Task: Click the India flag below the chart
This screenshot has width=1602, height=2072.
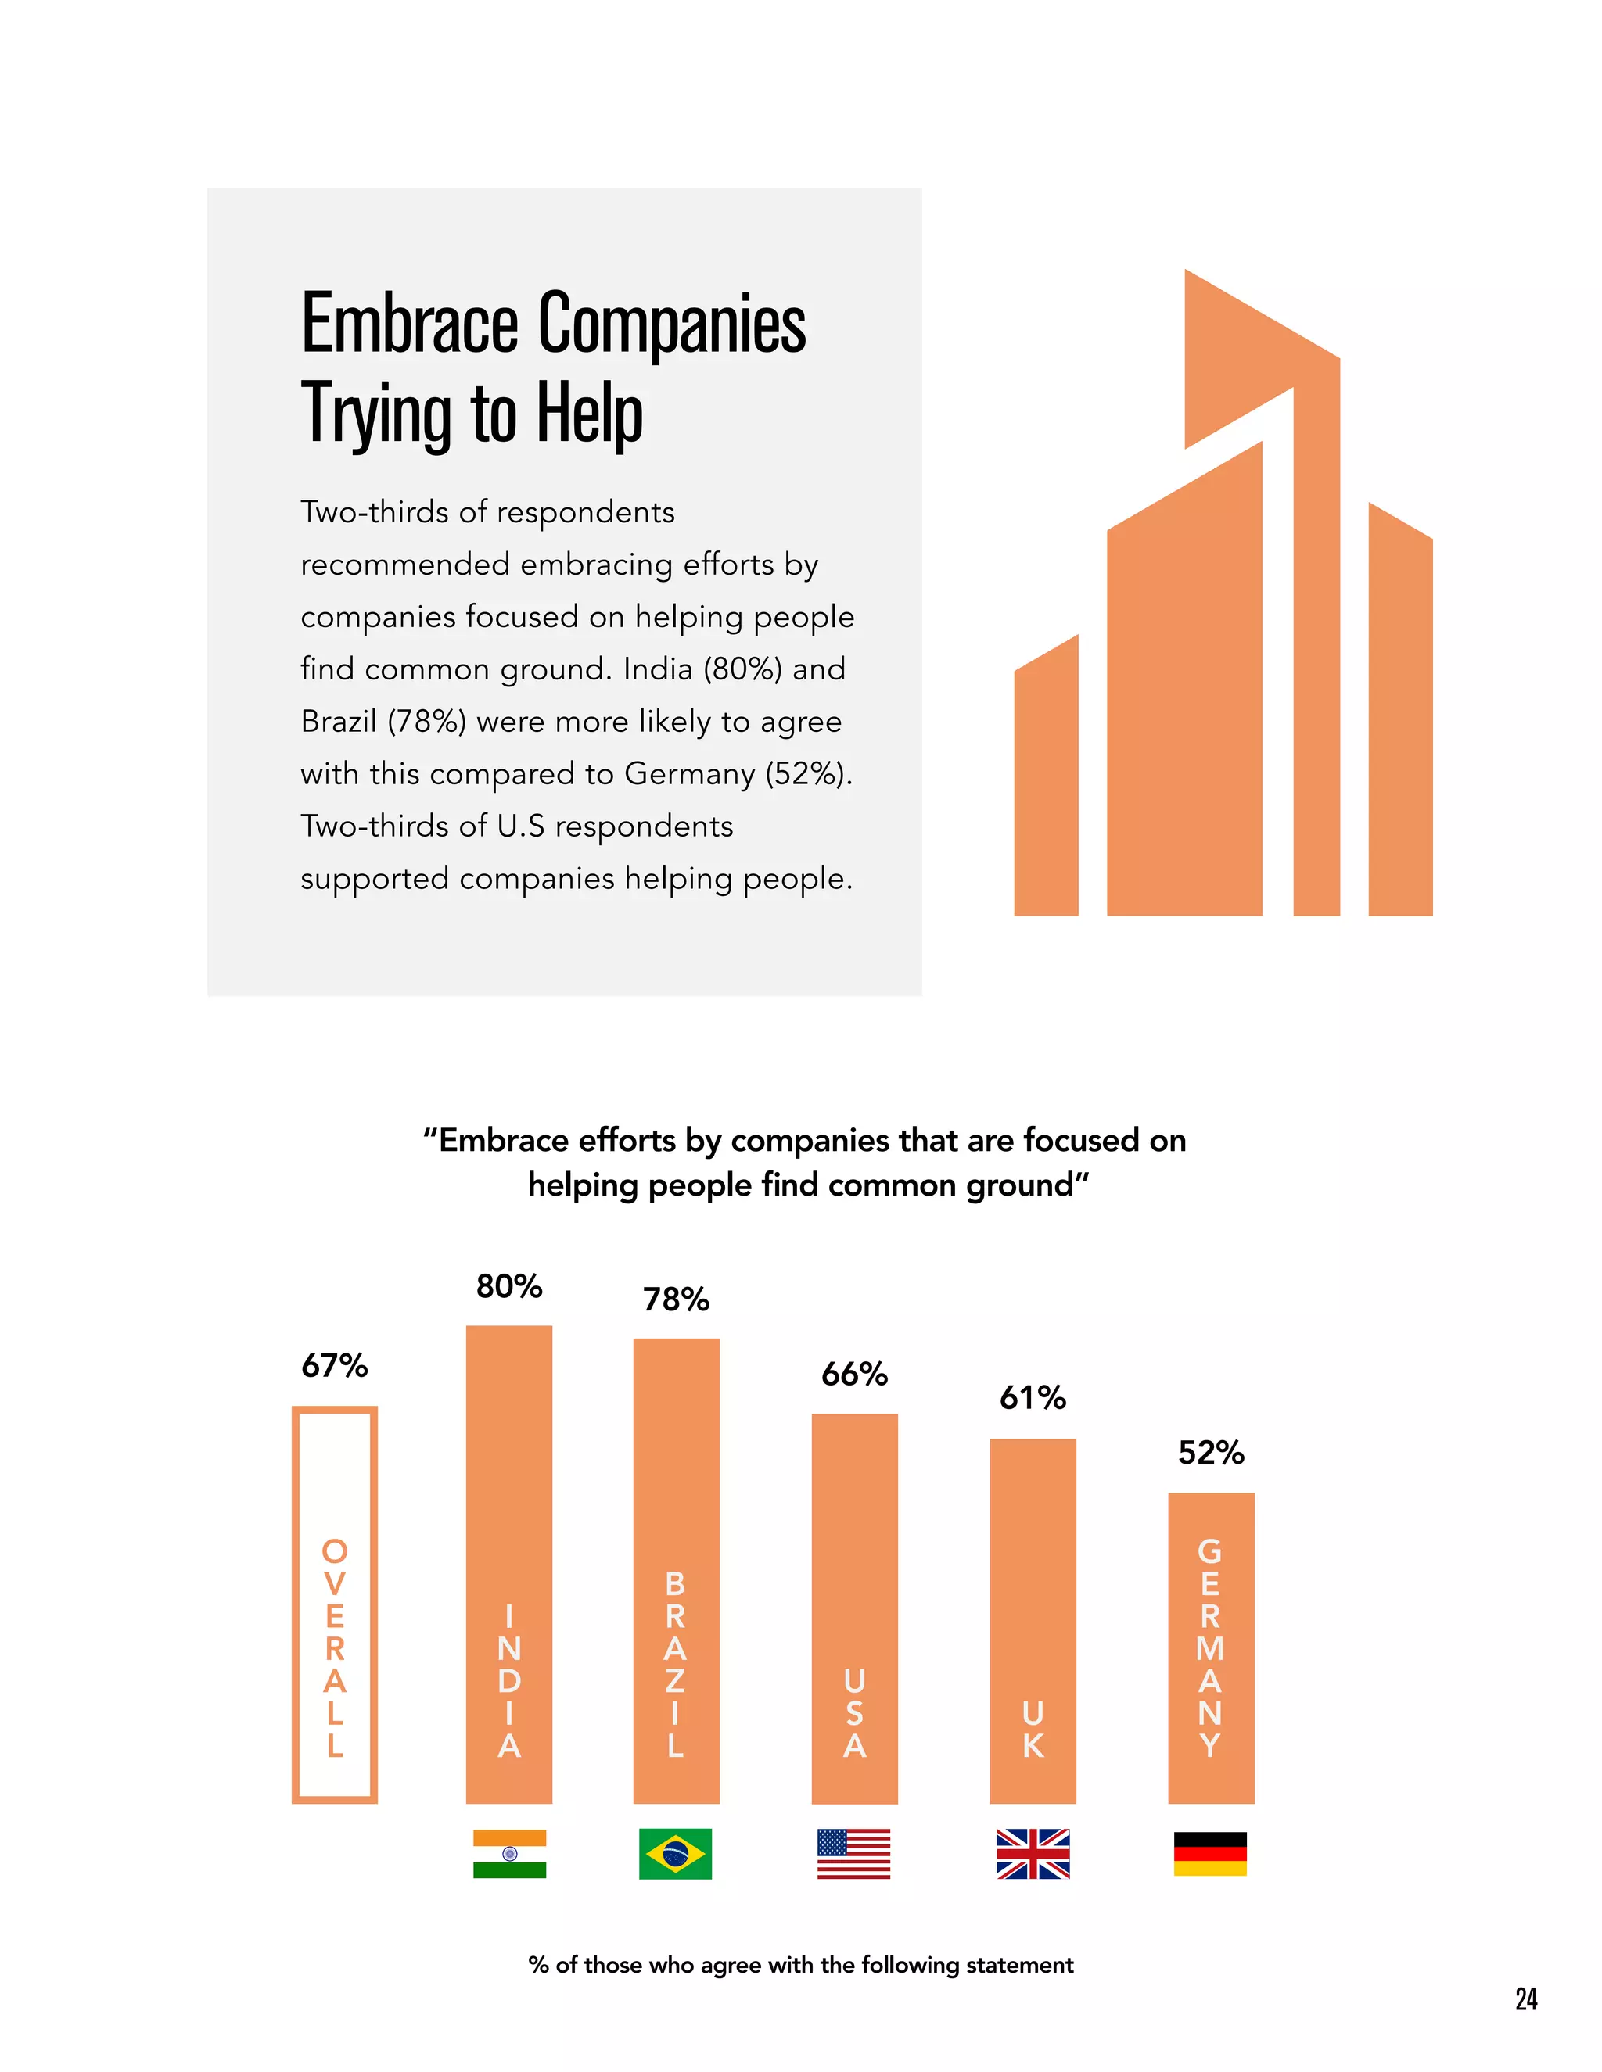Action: click(510, 1854)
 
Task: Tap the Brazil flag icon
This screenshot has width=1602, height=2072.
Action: click(675, 1854)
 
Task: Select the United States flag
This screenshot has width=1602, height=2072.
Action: click(853, 1854)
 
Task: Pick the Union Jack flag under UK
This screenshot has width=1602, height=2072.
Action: click(1033, 1854)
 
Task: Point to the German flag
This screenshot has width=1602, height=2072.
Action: click(1210, 1854)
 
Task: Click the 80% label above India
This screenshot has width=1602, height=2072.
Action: click(508, 1286)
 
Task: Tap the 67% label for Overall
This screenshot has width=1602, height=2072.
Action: click(334, 1366)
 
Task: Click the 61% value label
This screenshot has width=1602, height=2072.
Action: click(1033, 1397)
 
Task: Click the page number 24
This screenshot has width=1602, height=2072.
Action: click(1526, 1999)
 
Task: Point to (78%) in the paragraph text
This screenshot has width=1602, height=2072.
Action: click(426, 721)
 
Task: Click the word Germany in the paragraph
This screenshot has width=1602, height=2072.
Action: click(690, 773)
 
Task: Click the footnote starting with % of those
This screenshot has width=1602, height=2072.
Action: click(800, 1965)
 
